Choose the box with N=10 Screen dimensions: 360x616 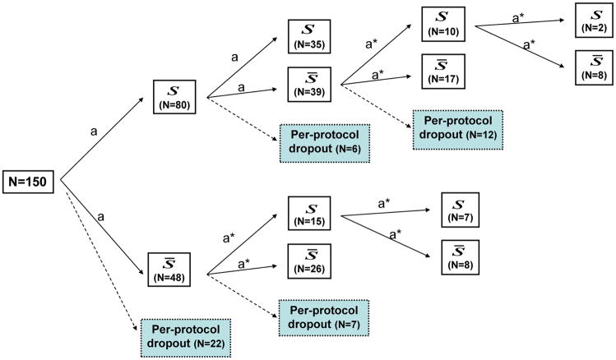point(442,25)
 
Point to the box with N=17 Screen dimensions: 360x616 point(442,72)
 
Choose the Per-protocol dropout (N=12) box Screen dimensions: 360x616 point(456,128)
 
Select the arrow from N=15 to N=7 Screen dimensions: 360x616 point(387,213)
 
